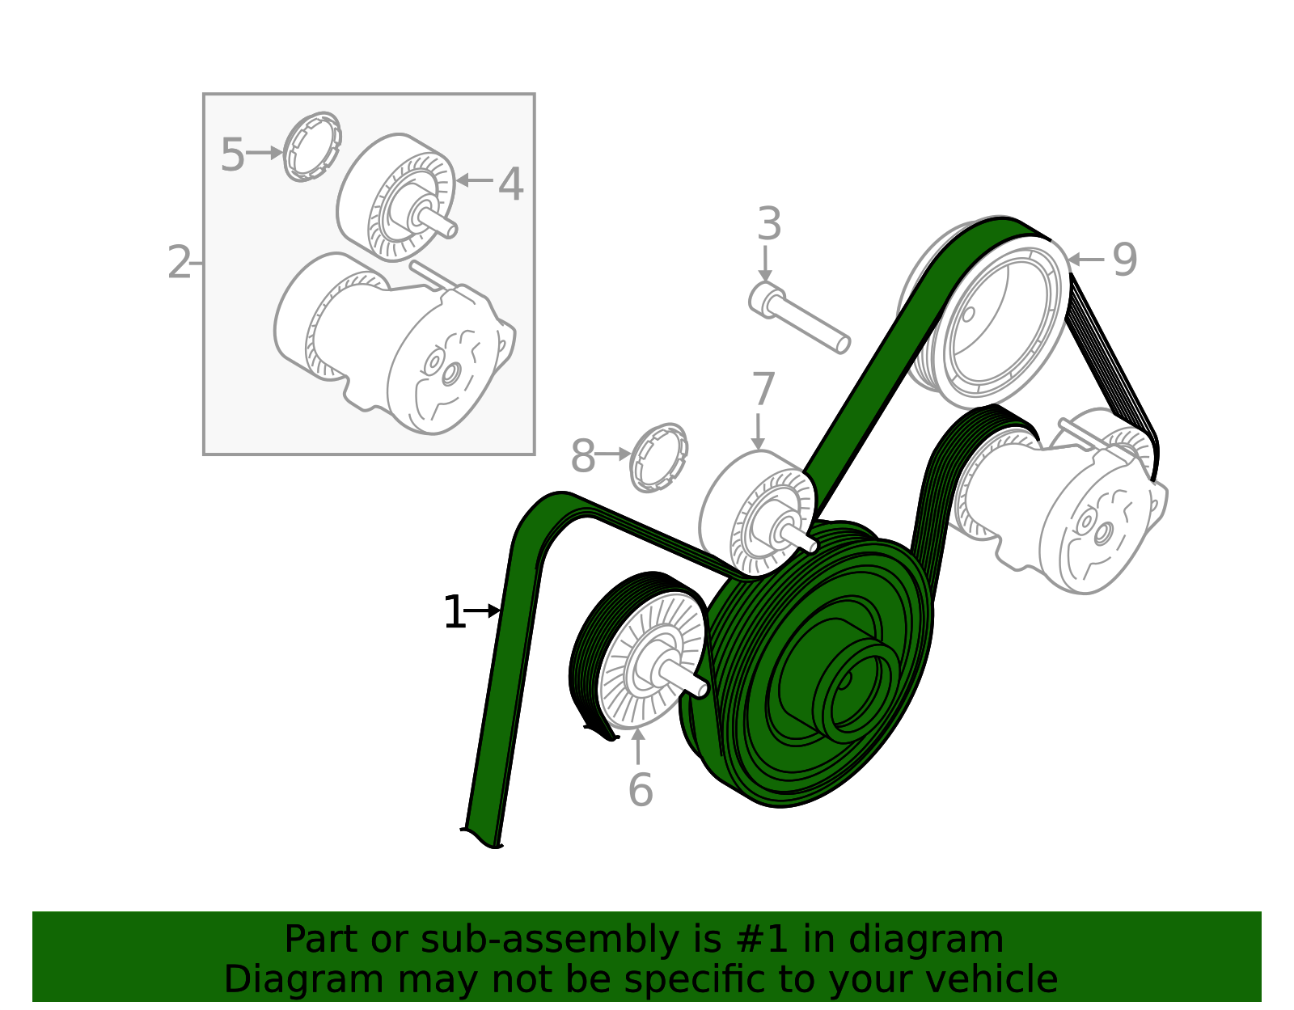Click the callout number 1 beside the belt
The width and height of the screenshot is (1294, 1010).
[x=454, y=613]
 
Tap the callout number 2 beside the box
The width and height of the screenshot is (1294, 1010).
[x=179, y=263]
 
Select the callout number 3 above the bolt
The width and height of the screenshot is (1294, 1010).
[x=768, y=224]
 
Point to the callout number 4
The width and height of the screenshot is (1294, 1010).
[x=510, y=184]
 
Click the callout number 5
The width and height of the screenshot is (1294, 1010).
[x=232, y=154]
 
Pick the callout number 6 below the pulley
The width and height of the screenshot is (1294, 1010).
[x=640, y=790]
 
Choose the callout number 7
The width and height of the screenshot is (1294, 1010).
[x=763, y=390]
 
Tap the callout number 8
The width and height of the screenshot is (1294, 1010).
[x=582, y=457]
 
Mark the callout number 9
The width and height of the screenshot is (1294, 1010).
[x=1124, y=260]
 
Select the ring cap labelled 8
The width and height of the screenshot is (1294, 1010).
[x=658, y=458]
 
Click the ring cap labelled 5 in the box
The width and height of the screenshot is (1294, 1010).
[x=312, y=147]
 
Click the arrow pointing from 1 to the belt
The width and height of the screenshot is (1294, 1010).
[x=484, y=611]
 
